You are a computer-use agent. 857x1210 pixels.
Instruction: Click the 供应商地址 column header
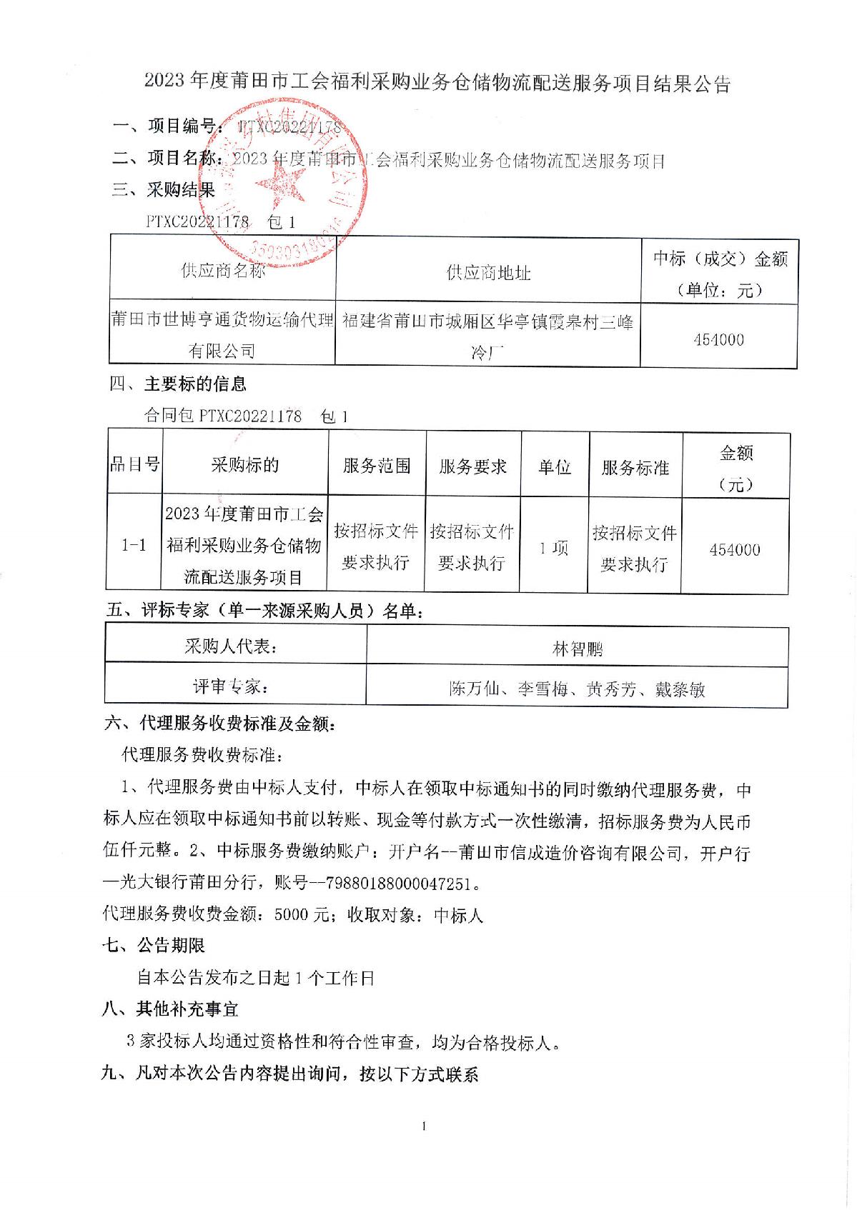(x=488, y=272)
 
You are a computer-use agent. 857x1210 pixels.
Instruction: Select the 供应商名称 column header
(x=222, y=271)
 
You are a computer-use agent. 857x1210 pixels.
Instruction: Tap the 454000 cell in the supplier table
(x=718, y=339)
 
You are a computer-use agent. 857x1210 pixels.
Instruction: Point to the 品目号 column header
(x=134, y=464)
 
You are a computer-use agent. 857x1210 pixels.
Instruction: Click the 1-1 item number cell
(x=134, y=545)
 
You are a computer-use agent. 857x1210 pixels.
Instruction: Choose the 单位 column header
(x=555, y=467)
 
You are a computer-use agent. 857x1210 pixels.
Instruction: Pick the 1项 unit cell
(x=554, y=548)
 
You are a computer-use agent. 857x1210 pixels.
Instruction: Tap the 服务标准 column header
(x=635, y=468)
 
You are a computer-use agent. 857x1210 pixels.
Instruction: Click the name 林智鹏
(x=578, y=649)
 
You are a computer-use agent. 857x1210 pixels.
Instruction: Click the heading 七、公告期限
(x=154, y=946)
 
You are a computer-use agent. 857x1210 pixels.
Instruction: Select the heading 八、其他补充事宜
(x=171, y=1009)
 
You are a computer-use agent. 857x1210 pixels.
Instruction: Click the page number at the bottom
(x=425, y=1127)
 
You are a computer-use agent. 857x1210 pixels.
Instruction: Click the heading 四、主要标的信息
(x=178, y=384)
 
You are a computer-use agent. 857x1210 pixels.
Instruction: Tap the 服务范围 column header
(x=377, y=466)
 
